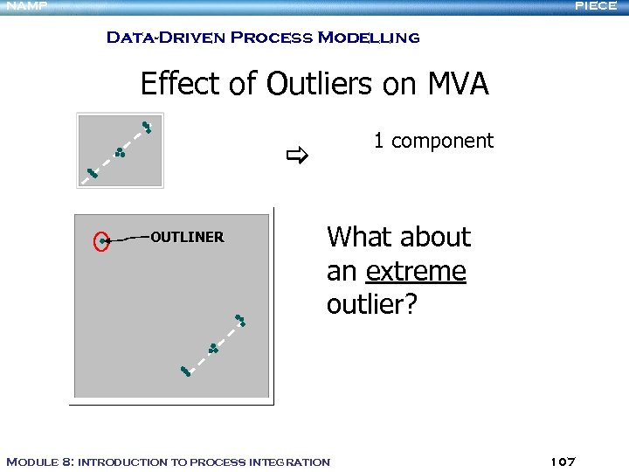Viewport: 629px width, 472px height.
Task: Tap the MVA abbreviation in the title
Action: (458, 84)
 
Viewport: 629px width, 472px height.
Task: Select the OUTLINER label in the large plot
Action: (187, 237)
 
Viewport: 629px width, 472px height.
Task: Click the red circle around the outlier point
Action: (102, 240)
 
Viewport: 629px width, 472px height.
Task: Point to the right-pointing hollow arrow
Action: (297, 157)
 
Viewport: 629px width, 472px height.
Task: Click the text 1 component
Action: (433, 140)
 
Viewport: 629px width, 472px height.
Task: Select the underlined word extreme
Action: (416, 271)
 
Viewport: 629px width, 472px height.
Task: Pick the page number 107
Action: (563, 461)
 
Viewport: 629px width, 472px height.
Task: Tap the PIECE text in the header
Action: (596, 6)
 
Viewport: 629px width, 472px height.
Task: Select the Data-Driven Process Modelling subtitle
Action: (262, 38)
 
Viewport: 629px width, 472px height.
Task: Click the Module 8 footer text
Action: (168, 462)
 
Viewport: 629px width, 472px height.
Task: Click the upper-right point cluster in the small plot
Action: (147, 128)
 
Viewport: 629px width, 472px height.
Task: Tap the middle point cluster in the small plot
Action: (120, 153)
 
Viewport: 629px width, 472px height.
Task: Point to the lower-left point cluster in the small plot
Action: (92, 173)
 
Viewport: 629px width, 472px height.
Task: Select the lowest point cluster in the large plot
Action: (185, 371)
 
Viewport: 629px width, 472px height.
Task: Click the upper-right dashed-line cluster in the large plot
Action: (240, 320)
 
